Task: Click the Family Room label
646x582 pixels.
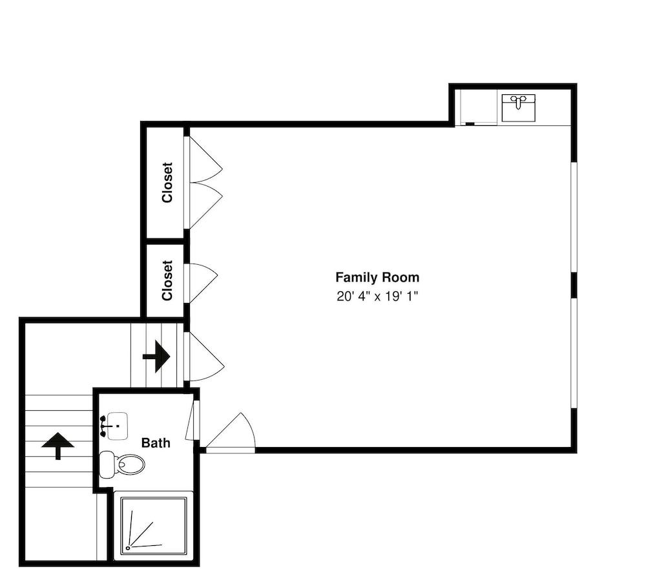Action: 377,278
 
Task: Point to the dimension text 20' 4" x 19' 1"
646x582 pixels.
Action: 377,296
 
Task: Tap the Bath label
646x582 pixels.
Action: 156,443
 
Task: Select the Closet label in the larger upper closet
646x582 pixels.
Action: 167,183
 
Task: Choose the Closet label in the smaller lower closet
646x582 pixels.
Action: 167,280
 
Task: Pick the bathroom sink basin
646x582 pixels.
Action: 117,426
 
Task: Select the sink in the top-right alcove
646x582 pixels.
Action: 519,108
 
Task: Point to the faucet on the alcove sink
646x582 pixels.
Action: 518,99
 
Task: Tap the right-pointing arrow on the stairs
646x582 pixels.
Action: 156,356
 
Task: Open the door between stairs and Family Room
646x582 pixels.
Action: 204,357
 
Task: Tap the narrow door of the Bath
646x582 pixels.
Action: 191,421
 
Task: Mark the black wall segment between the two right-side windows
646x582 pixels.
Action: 573,285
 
